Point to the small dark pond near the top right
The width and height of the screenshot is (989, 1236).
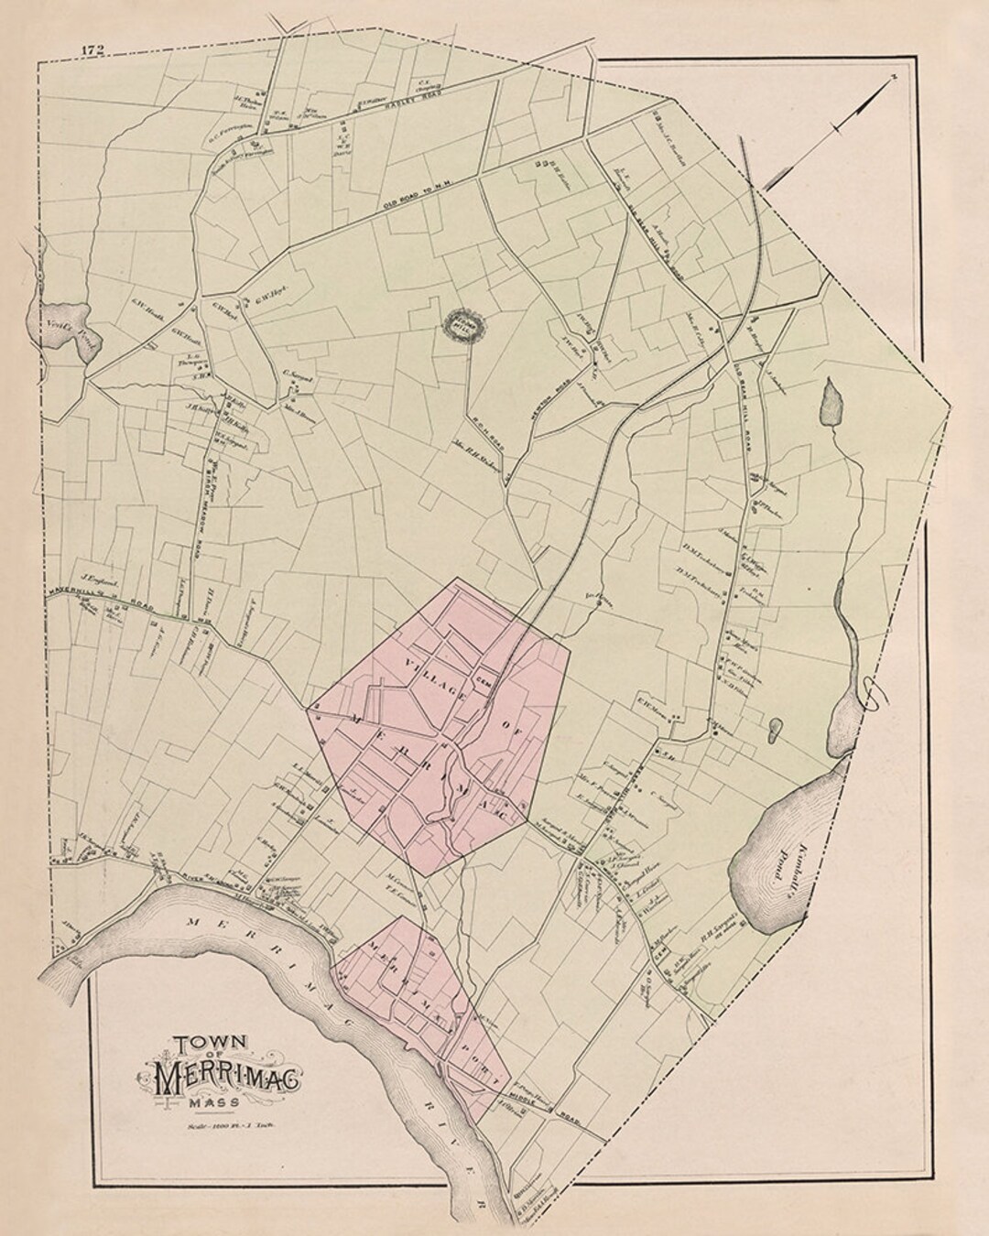pos(831,404)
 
